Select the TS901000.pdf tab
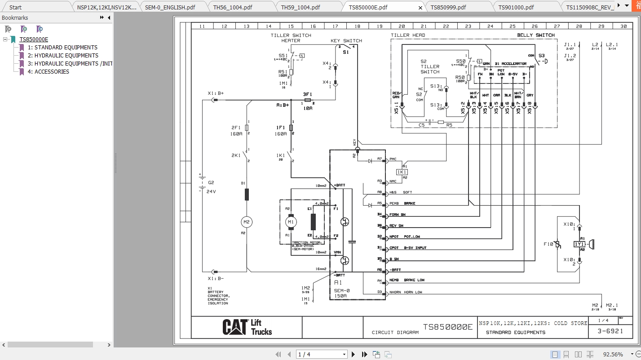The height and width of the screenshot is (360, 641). pyautogui.click(x=516, y=7)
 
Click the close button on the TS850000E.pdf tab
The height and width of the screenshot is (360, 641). pyautogui.click(x=420, y=8)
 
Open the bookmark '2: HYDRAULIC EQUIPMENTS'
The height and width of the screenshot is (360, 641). pyautogui.click(x=63, y=55)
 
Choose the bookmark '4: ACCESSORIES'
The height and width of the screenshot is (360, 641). pyautogui.click(x=48, y=71)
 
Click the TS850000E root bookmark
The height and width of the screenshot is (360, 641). pyautogui.click(x=34, y=40)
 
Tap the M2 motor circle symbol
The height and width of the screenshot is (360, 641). pyautogui.click(x=246, y=222)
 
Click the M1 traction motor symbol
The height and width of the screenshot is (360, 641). pyautogui.click(x=291, y=222)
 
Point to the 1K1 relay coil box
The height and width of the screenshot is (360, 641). pyautogui.click(x=401, y=172)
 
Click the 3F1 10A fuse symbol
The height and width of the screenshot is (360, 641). pyautogui.click(x=308, y=101)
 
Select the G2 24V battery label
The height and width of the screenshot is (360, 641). pyautogui.click(x=211, y=187)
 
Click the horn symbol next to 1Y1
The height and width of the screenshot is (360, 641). pyautogui.click(x=591, y=244)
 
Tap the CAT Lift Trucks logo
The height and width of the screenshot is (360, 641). pyautogui.click(x=247, y=327)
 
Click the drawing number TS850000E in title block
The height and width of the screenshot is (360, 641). pyautogui.click(x=448, y=327)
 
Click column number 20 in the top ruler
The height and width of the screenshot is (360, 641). pyautogui.click(x=402, y=26)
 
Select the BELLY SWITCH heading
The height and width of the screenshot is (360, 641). pyautogui.click(x=535, y=35)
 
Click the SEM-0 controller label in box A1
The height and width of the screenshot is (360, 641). pyautogui.click(x=342, y=290)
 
